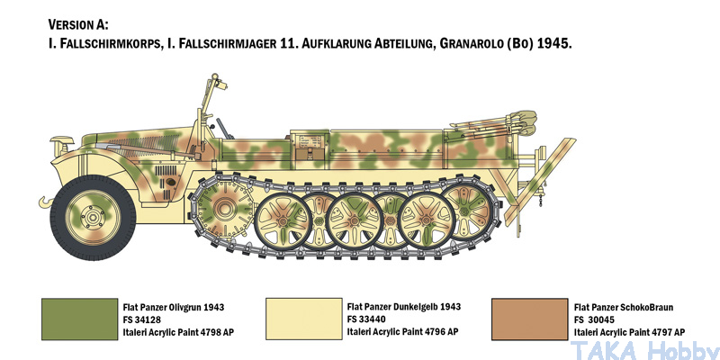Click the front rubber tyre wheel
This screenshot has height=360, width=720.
[93, 217]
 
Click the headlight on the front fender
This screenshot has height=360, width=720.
[61, 143]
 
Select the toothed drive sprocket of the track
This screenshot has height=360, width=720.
[223, 209]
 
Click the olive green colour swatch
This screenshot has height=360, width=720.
[79, 319]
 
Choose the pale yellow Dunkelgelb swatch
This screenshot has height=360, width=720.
[304, 319]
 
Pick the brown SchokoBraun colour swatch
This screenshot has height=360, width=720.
[529, 319]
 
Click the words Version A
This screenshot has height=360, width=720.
[78, 24]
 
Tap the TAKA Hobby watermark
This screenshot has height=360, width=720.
[643, 351]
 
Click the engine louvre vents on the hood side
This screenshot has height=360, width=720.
[166, 171]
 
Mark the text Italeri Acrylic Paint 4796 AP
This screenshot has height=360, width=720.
[402, 331]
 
